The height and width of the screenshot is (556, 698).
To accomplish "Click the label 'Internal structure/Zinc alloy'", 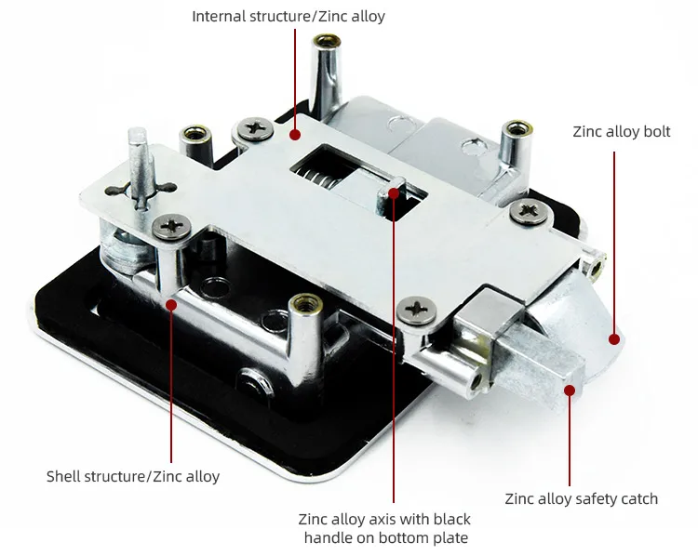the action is pyautogui.click(x=289, y=17).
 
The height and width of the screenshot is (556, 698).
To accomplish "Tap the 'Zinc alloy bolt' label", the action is pyautogui.click(x=622, y=132).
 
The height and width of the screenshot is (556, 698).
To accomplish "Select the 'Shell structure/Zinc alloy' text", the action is pyautogui.click(x=133, y=476).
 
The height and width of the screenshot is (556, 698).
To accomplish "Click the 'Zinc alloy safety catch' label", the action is pyautogui.click(x=582, y=498).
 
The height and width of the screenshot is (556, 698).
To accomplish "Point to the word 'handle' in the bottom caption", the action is pyautogui.click(x=329, y=537).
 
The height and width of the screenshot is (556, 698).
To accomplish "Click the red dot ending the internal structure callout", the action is pyautogui.click(x=294, y=134).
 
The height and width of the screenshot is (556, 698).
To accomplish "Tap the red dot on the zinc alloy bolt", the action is pyautogui.click(x=614, y=339).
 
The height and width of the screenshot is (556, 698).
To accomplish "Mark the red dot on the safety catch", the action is pyautogui.click(x=570, y=391).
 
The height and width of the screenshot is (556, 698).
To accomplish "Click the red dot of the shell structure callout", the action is pyautogui.click(x=171, y=305).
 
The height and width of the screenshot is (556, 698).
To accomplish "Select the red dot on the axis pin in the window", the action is pyautogui.click(x=394, y=193).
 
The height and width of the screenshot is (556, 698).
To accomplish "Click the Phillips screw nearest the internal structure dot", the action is pyautogui.click(x=255, y=128).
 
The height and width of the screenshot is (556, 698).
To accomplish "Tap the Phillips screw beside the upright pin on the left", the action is pyautogui.click(x=172, y=227).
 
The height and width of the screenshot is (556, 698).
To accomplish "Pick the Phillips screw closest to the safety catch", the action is pyautogui.click(x=417, y=310).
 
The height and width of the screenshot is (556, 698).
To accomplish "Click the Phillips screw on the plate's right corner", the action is pyautogui.click(x=529, y=211).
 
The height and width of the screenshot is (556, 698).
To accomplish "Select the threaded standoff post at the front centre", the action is pyautogui.click(x=305, y=338).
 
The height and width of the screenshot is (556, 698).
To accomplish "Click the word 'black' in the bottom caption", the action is pyautogui.click(x=451, y=519).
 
